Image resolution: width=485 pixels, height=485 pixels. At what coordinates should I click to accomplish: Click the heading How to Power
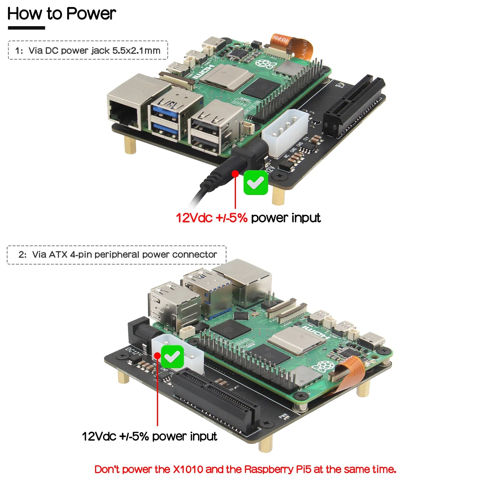[x=61, y=14]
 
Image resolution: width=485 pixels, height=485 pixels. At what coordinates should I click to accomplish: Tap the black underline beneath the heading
[x=26, y=28]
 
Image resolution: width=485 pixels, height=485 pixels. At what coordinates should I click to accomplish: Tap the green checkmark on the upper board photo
[x=256, y=183]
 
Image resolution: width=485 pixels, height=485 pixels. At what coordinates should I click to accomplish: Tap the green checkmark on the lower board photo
[x=173, y=356]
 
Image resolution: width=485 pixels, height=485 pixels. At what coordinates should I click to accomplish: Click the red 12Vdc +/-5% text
[x=211, y=218]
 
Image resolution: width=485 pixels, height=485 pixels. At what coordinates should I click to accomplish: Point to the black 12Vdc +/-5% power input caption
[x=149, y=436]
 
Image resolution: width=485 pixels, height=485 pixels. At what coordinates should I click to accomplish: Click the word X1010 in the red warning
[x=188, y=469]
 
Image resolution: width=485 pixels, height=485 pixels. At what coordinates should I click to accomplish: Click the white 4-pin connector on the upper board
[x=285, y=133]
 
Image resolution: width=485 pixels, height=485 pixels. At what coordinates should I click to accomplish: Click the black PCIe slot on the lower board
[x=215, y=399]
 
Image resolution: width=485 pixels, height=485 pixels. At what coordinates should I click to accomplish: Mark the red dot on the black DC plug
[x=235, y=174]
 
